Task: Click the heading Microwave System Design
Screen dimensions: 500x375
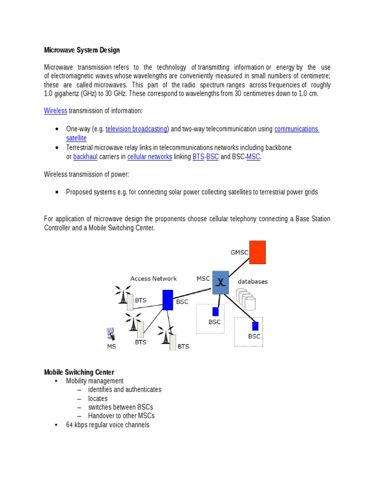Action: pyautogui.click(x=82, y=50)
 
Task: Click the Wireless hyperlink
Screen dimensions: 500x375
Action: pyautogui.click(x=55, y=111)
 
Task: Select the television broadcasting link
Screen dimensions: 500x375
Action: pyautogui.click(x=137, y=129)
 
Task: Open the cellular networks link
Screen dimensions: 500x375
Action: pyautogui.click(x=149, y=157)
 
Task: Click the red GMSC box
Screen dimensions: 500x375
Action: pyautogui.click(x=257, y=252)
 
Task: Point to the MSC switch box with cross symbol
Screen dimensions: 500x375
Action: pyautogui.click(x=220, y=283)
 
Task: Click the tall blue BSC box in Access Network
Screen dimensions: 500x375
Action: pyautogui.click(x=167, y=300)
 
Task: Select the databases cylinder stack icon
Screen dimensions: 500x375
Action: pyautogui.click(x=246, y=299)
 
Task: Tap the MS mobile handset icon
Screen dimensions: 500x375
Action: pyautogui.click(x=111, y=334)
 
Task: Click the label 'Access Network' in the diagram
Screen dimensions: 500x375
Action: pyautogui.click(x=153, y=279)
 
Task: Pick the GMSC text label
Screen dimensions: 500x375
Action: pyautogui.click(x=239, y=252)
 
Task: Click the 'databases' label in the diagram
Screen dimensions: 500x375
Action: pyautogui.click(x=252, y=282)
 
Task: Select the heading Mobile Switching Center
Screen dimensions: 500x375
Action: pyautogui.click(x=79, y=372)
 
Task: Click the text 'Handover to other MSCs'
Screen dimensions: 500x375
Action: pyautogui.click(x=121, y=416)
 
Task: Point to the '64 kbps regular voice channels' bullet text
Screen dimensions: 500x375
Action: pyautogui.click(x=107, y=425)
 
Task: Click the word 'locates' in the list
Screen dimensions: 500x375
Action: pyautogui.click(x=98, y=398)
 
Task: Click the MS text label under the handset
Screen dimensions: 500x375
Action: pyautogui.click(x=111, y=347)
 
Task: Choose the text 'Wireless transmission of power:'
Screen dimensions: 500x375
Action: pyautogui.click(x=86, y=174)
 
